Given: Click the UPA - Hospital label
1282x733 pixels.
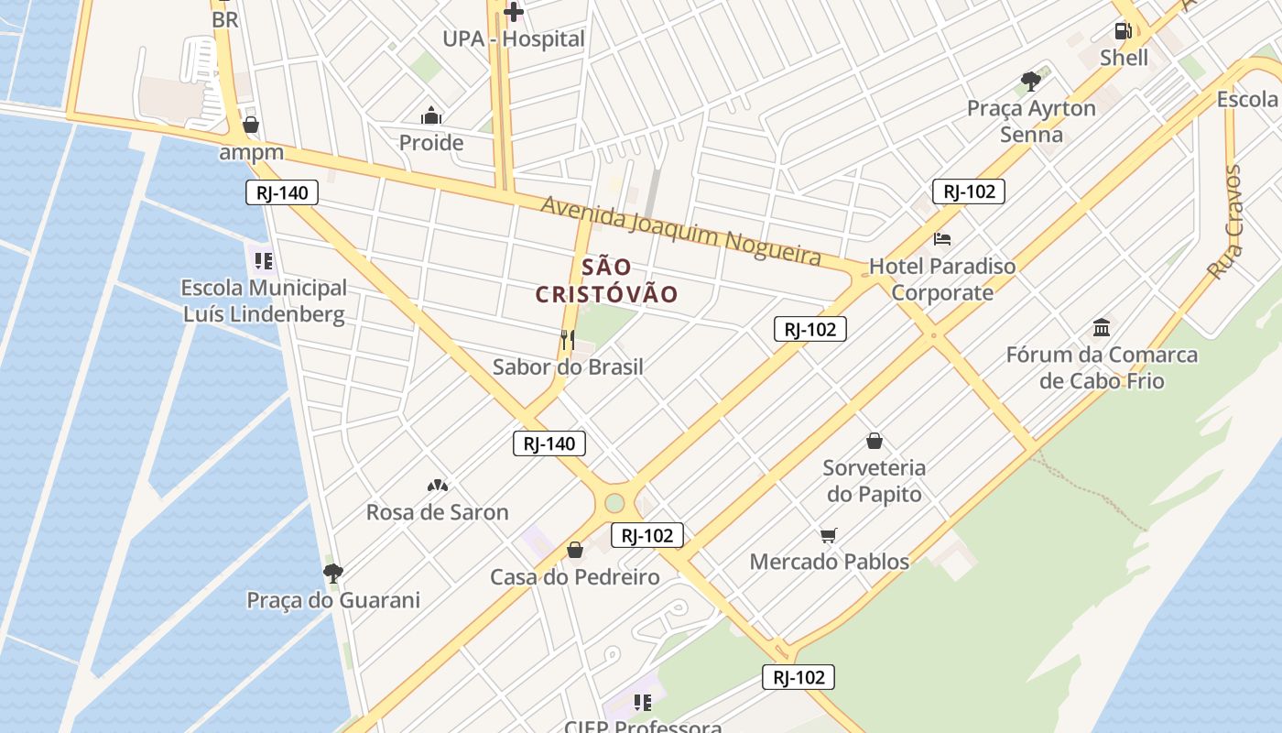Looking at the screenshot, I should (513, 39).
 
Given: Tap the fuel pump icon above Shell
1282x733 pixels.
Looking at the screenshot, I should (1123, 31).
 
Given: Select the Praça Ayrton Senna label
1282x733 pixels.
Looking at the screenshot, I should (1031, 122).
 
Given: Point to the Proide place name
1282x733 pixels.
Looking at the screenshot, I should (430, 143).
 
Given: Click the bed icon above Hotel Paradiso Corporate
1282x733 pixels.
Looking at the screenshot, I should (942, 239).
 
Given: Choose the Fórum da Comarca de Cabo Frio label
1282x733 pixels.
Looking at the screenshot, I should (1102, 367).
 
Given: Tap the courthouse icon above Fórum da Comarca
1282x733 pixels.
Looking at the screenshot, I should (1102, 328).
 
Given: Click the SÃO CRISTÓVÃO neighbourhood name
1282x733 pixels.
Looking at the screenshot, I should (606, 280).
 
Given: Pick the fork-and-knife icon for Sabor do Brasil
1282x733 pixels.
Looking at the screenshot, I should (568, 340).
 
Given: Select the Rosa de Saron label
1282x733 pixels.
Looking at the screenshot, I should (437, 512).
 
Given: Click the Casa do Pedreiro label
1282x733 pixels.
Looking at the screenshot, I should (574, 577).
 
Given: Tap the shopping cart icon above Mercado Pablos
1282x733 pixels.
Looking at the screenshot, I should (829, 535).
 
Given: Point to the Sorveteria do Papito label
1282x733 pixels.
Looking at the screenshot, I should (874, 481).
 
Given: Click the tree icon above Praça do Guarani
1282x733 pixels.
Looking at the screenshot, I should (333, 574).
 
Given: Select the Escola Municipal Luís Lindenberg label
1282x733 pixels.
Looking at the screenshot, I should (264, 301).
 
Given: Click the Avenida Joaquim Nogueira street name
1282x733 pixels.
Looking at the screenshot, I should (680, 229).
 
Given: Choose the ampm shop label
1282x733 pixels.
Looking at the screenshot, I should (251, 153).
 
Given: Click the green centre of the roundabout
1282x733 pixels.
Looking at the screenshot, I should (614, 503).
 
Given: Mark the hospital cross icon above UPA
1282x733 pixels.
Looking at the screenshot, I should (514, 12).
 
